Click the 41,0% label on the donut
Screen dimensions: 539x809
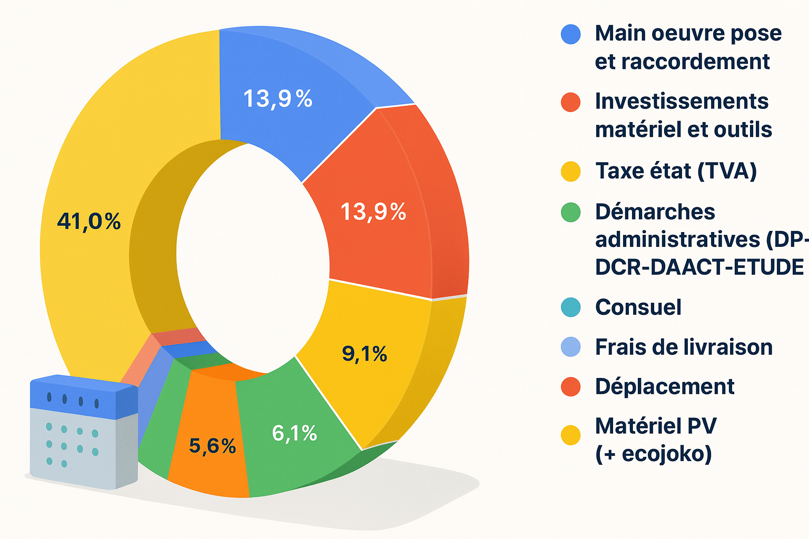coord(89,222)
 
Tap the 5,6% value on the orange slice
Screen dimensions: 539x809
coord(212,446)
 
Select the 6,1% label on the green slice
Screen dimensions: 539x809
coord(294,433)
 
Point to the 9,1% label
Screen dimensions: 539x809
coord(364,354)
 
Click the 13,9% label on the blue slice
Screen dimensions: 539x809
coord(278,98)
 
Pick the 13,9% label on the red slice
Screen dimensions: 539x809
coord(373,212)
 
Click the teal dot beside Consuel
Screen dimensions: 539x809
coord(571,307)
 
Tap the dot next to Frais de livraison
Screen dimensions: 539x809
coord(571,347)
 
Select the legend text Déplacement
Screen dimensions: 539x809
coord(665,386)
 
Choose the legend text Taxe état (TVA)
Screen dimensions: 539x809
coord(676,171)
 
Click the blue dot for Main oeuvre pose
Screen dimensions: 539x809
coord(571,34)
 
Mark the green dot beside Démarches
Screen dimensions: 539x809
coord(571,213)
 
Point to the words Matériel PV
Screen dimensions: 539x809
coord(656,426)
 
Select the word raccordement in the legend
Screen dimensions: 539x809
coord(682,62)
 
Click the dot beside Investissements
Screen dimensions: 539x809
coord(571,102)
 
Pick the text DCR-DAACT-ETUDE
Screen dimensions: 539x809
coord(699,267)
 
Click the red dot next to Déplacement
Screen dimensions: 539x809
coord(571,387)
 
